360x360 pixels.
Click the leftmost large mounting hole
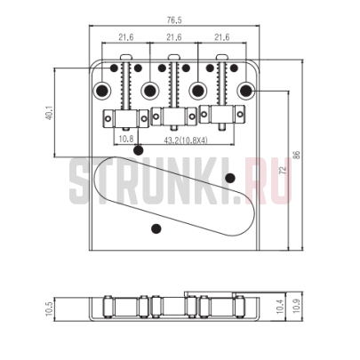coord(105,90)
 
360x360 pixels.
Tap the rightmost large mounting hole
coord(244,90)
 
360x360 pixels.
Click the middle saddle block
coord(173,116)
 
